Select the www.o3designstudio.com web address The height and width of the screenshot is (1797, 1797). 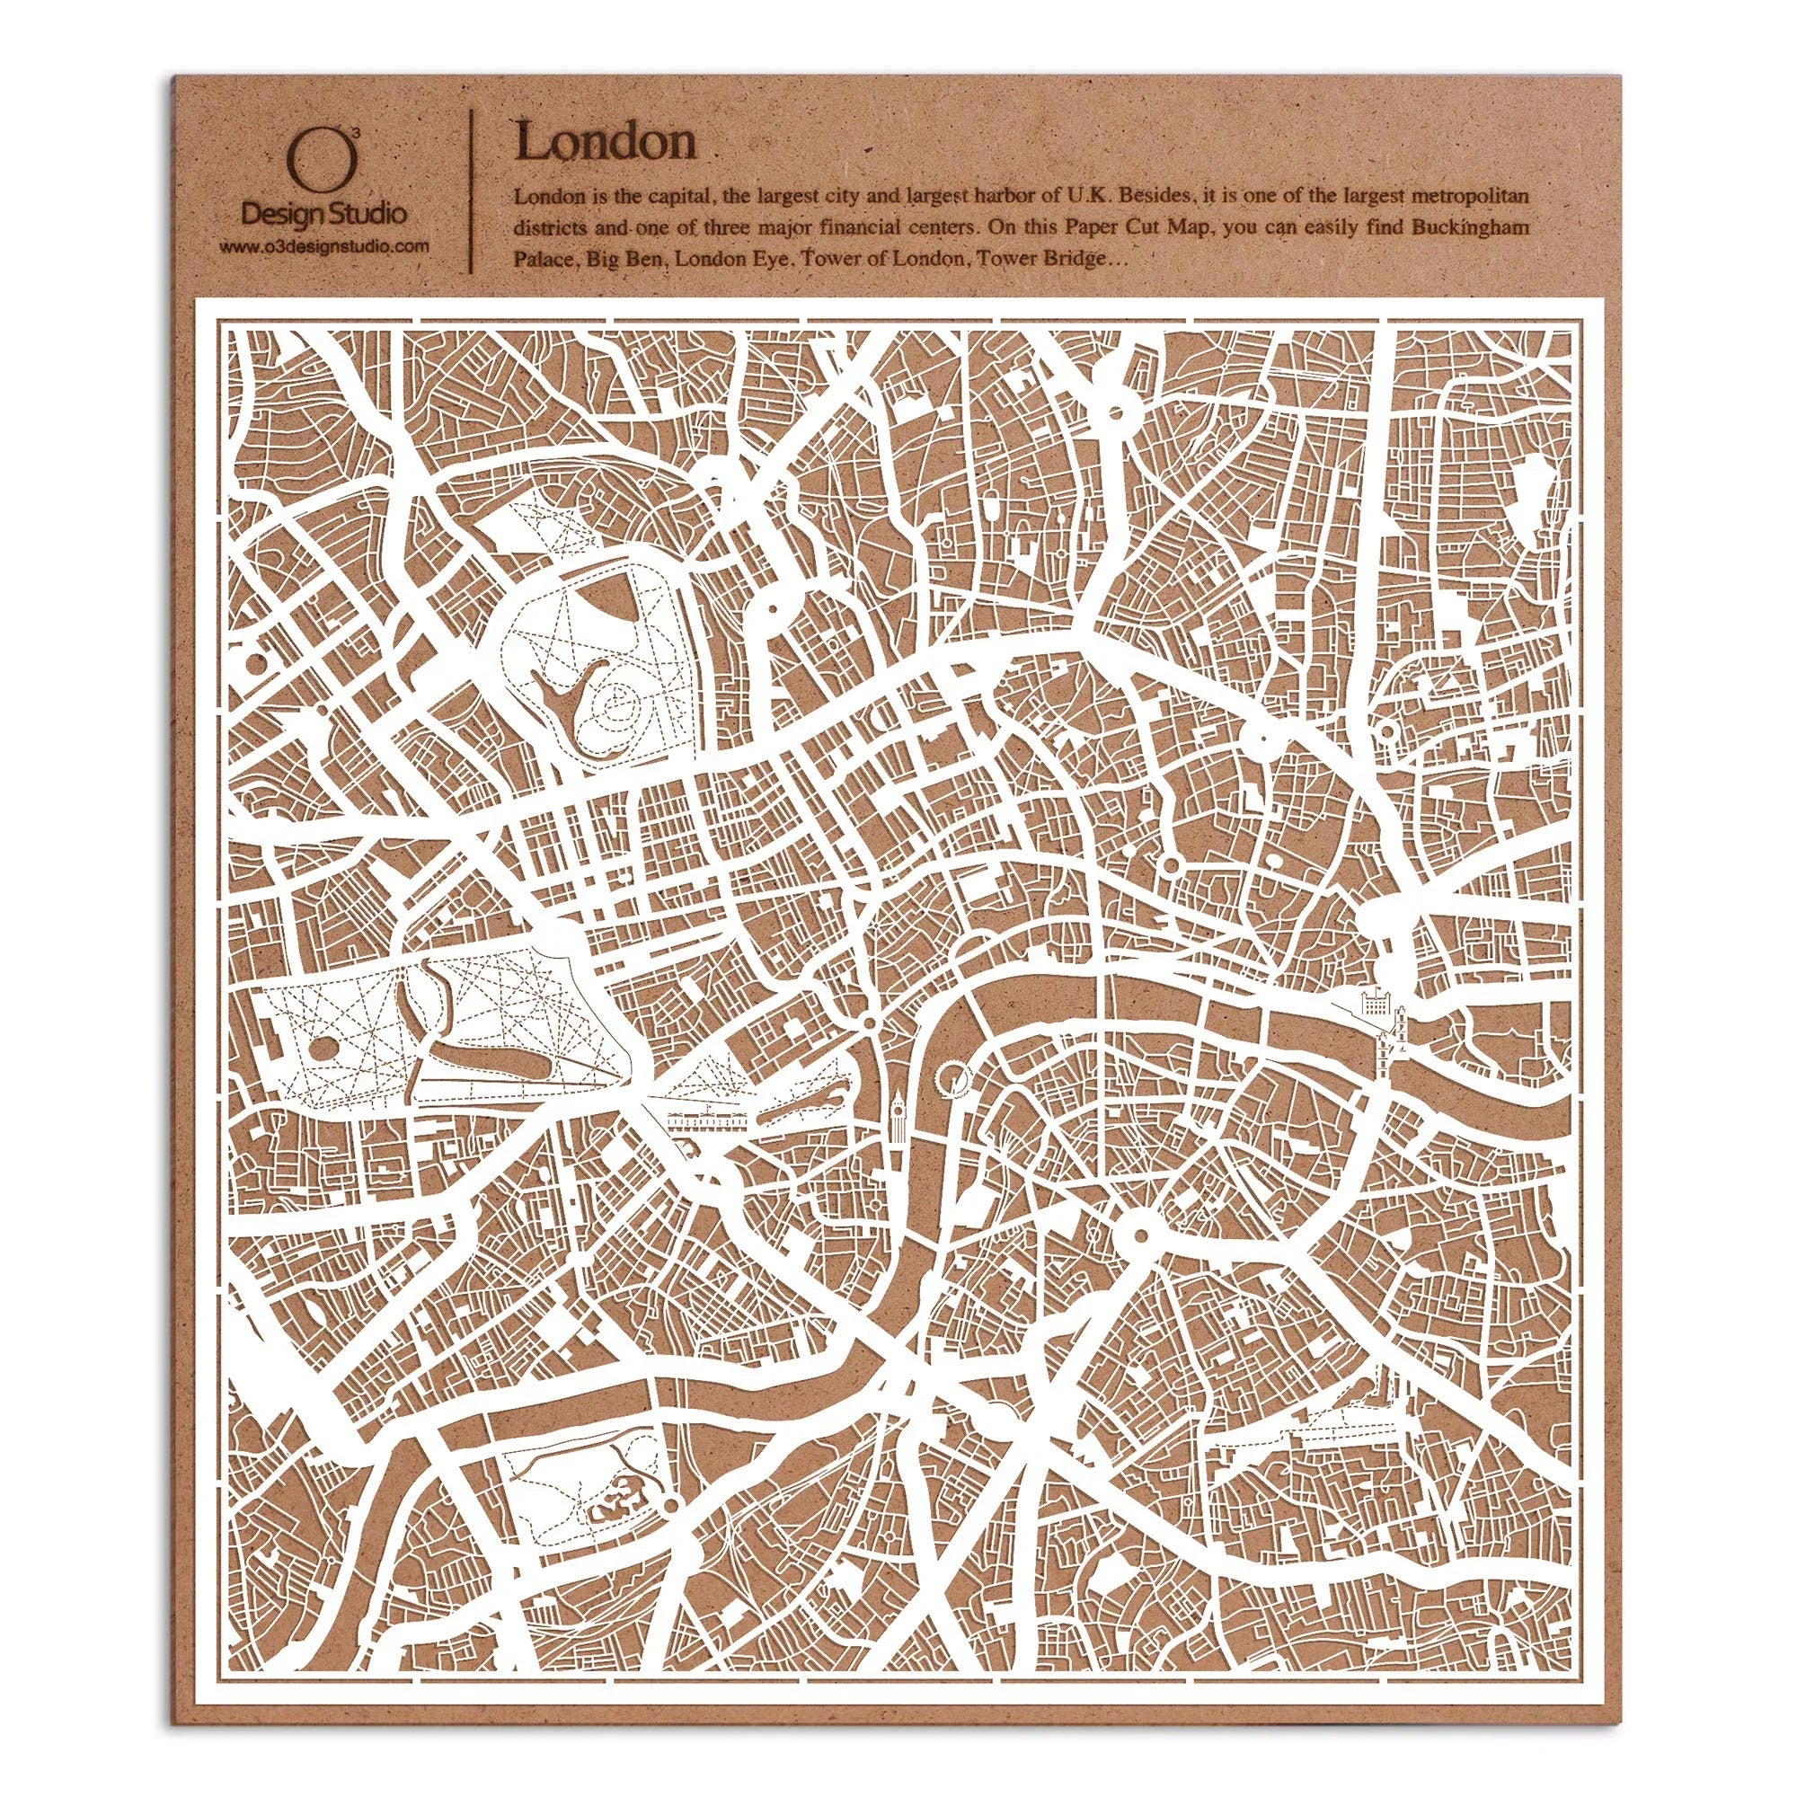click(x=323, y=246)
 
